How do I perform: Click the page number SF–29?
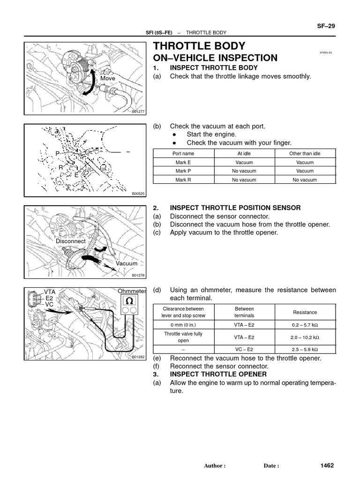[326, 26]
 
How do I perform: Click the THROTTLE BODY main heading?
[199, 46]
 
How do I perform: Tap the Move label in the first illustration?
[107, 78]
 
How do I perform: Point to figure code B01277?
[138, 112]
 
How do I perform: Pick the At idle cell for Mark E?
[244, 162]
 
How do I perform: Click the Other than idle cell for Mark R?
[305, 180]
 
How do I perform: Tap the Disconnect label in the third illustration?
[71, 241]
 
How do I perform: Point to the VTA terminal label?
[49, 291]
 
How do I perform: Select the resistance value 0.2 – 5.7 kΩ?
[305, 324]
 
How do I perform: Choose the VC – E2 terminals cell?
[244, 350]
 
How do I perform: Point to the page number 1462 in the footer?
[327, 465]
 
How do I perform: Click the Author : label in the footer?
[215, 466]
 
